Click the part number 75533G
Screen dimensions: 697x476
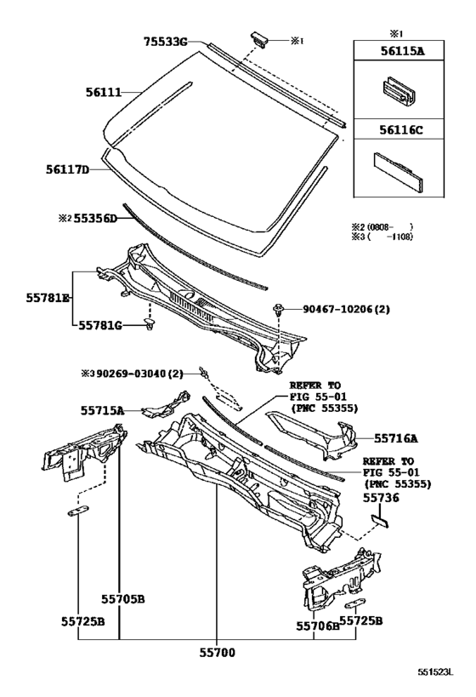pyautogui.click(x=165, y=40)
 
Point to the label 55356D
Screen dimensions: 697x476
pyautogui.click(x=93, y=218)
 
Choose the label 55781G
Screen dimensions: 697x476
pyautogui.click(x=100, y=325)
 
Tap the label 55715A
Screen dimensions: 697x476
pyautogui.click(x=103, y=410)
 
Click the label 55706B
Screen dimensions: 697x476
pyautogui.click(x=317, y=626)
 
